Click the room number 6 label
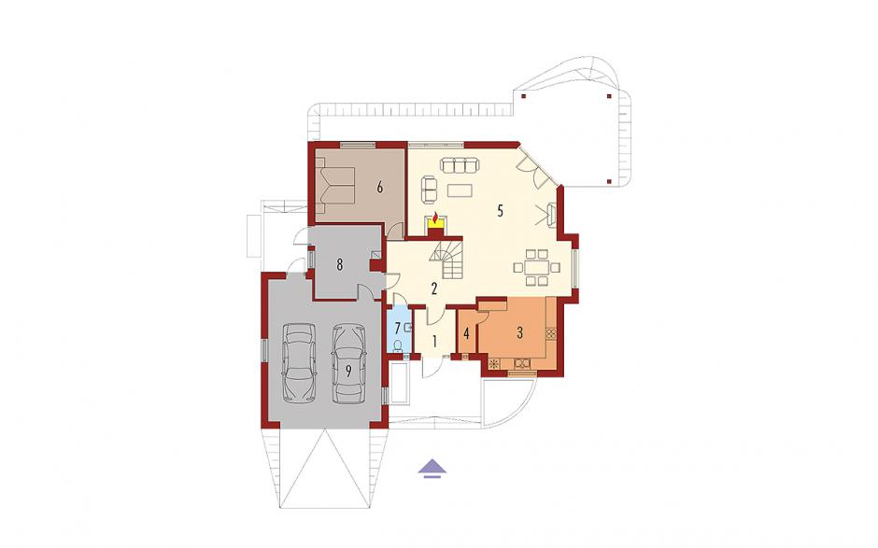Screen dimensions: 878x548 pyautogui.click(x=379, y=188)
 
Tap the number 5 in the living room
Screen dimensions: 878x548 pyautogui.click(x=500, y=211)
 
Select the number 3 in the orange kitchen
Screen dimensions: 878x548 pyautogui.click(x=519, y=333)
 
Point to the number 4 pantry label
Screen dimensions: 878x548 pyautogui.click(x=466, y=334)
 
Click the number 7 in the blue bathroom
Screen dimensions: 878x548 pyautogui.click(x=398, y=328)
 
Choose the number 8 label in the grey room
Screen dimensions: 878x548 pyautogui.click(x=339, y=264)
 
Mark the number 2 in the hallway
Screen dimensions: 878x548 pyautogui.click(x=433, y=288)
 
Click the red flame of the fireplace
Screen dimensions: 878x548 pyautogui.click(x=435, y=217)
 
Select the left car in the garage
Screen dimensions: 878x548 pyautogui.click(x=299, y=363)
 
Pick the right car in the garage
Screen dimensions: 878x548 pyautogui.click(x=348, y=364)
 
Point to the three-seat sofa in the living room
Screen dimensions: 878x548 pyautogui.click(x=460, y=165)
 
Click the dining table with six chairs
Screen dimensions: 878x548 pyautogui.click(x=536, y=268)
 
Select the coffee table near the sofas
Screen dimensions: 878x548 pyautogui.click(x=460, y=190)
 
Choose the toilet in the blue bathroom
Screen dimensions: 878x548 pyautogui.click(x=398, y=346)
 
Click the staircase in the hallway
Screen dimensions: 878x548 pyautogui.click(x=446, y=260)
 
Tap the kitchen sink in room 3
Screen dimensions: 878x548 pyautogui.click(x=522, y=363)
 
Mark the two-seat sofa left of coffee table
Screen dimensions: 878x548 pyautogui.click(x=430, y=190)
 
